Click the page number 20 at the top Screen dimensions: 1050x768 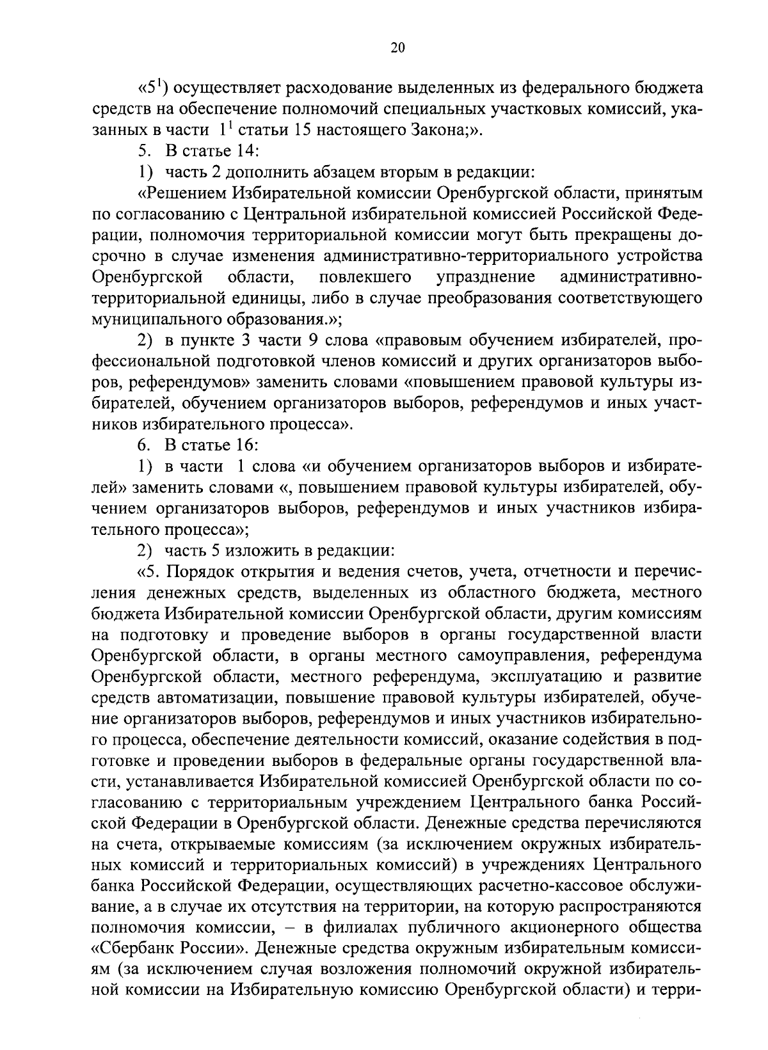pos(397,48)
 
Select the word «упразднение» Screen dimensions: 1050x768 pos(486,278)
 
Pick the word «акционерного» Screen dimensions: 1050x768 pos(559,929)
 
